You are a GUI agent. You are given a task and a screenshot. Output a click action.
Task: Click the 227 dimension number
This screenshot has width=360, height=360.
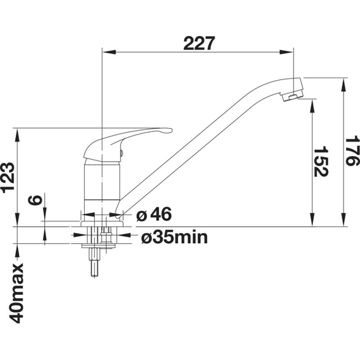(199, 43)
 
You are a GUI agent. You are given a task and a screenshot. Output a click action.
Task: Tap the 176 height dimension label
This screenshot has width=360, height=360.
(352, 150)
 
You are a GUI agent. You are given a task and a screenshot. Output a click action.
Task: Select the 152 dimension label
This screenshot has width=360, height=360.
(321, 161)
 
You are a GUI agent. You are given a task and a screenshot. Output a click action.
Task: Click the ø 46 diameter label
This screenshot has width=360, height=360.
(154, 214)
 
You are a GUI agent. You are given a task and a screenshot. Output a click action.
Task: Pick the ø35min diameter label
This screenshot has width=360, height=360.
(174, 237)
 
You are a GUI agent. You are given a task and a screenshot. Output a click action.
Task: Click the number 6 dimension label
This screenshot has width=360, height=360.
(35, 200)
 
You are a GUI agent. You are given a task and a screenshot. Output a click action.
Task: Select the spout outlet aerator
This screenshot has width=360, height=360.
(292, 96)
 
